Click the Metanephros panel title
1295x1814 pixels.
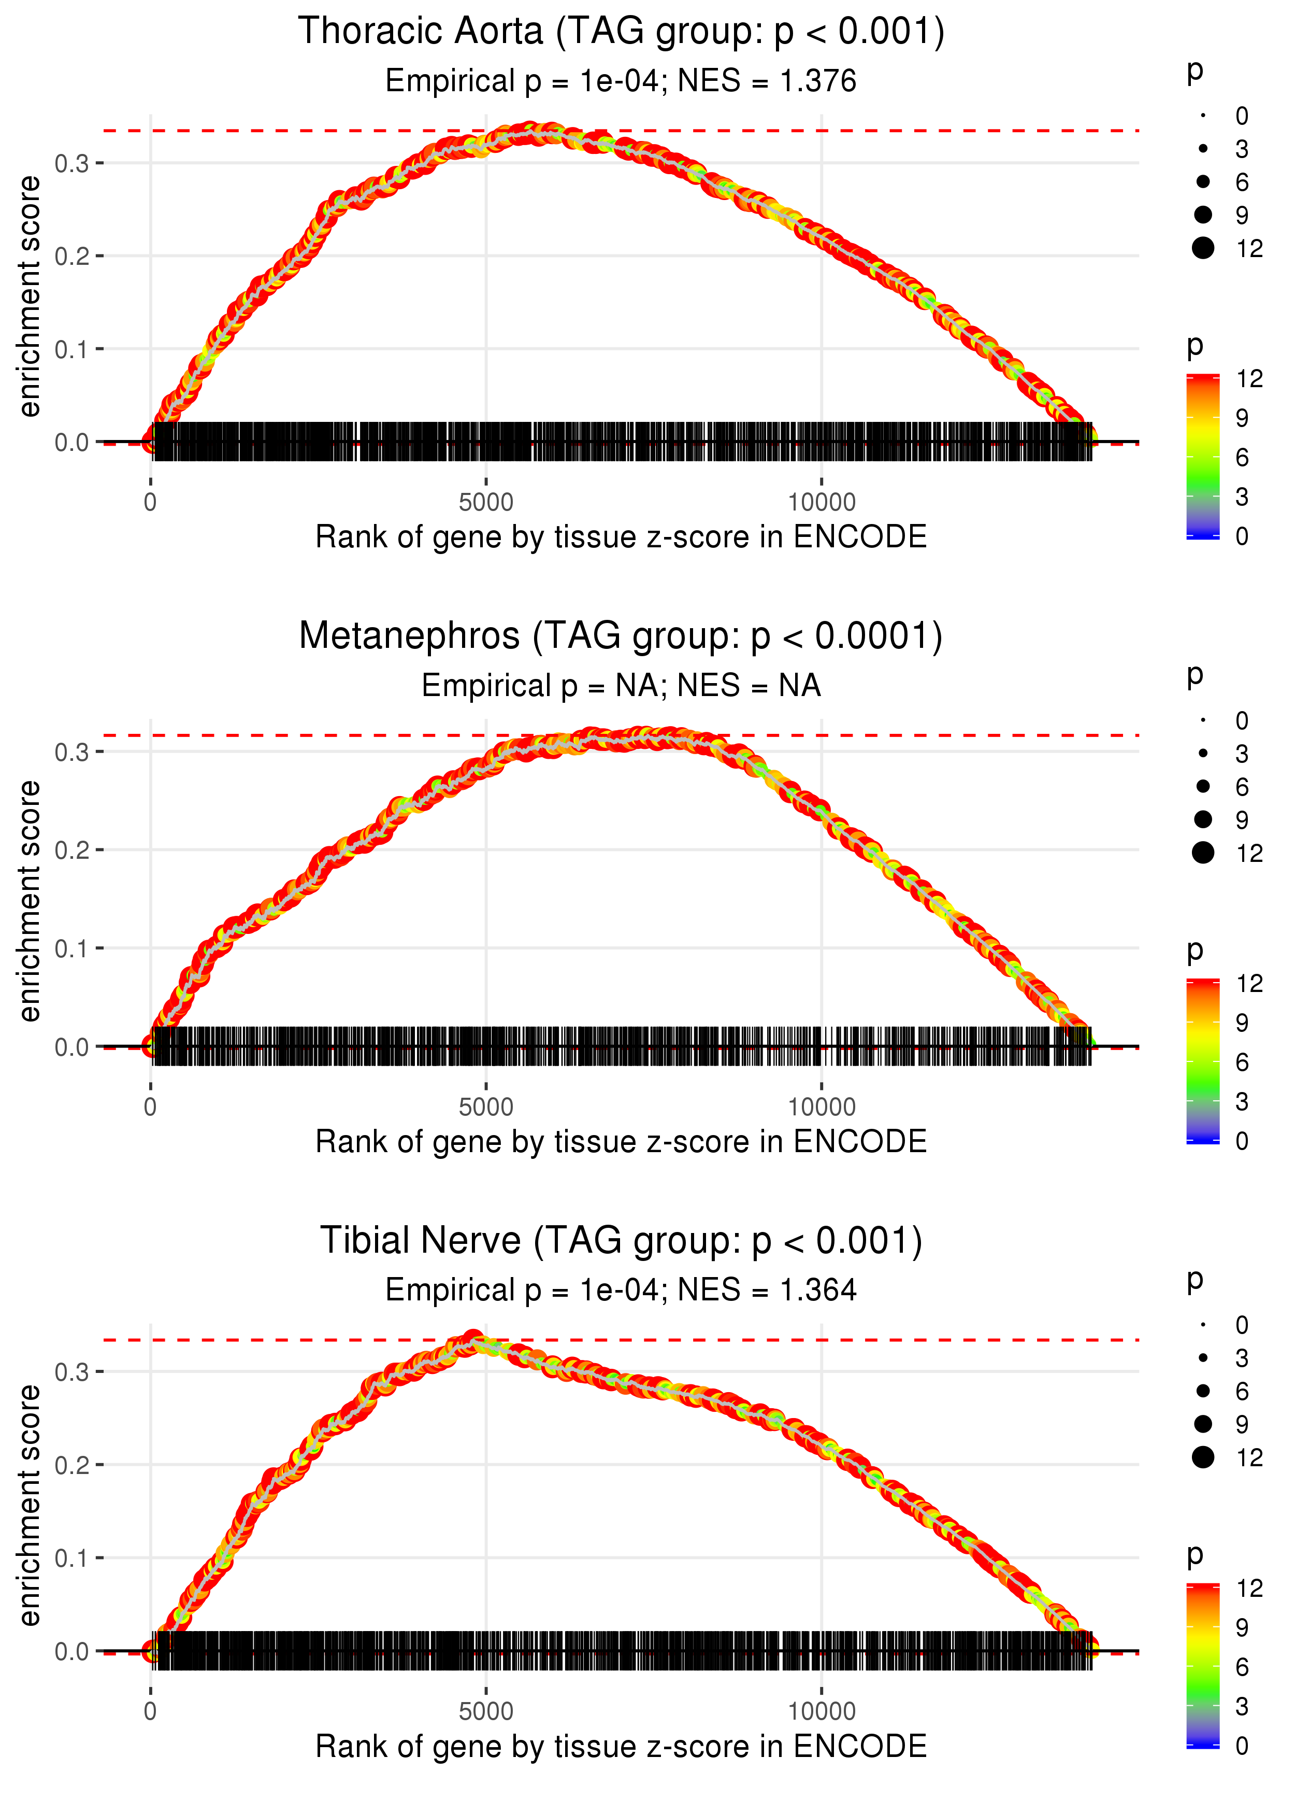click(621, 636)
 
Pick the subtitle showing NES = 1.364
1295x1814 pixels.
click(621, 1290)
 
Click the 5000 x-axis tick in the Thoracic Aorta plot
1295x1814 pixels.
click(486, 503)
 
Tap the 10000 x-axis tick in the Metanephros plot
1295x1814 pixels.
click(822, 1107)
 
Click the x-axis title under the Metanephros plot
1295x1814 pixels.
click(621, 1142)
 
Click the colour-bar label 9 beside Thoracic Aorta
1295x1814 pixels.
click(1242, 418)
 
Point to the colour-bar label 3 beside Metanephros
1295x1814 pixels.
click(1242, 1102)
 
